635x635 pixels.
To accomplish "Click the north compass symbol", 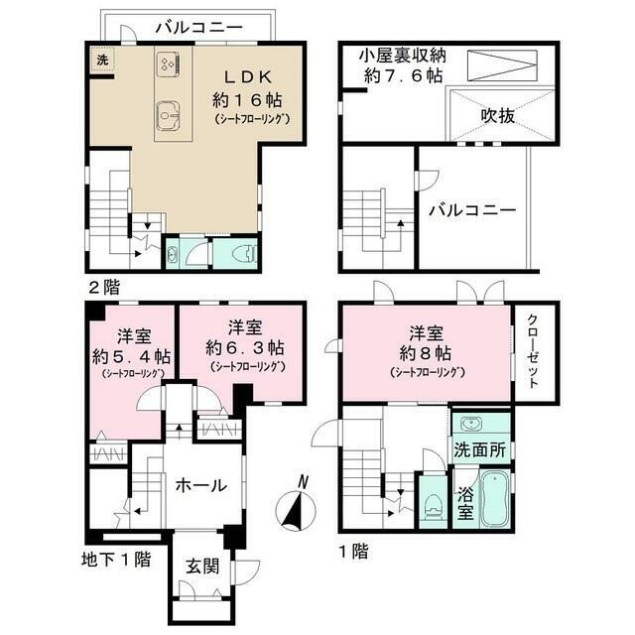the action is point(296,506).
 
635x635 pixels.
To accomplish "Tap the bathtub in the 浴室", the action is point(495,498).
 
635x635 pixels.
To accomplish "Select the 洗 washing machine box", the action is point(102,60).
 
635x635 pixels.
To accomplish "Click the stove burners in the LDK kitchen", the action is point(168,64).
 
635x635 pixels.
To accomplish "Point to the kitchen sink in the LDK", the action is point(168,116).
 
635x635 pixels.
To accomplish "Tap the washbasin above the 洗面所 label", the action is point(472,425).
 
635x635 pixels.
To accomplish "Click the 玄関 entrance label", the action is point(202,567).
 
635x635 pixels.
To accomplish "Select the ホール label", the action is point(200,485).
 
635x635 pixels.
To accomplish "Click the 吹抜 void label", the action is point(498,116).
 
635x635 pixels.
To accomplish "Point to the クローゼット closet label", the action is point(533,351).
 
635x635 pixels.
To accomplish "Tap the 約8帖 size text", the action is point(426,353).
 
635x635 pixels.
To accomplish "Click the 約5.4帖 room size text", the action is point(132,356).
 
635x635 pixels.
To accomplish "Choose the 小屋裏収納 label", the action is point(402,56).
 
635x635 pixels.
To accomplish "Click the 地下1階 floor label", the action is point(116,560).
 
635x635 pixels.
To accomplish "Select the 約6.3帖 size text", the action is point(245,348).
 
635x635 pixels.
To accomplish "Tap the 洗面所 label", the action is point(479,449).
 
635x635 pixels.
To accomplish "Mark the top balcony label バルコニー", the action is point(199,28).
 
